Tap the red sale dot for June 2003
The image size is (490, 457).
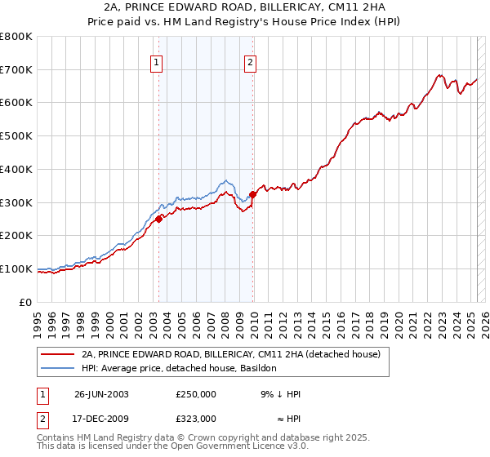pyautogui.click(x=158, y=218)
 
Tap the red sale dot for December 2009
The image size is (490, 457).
pyautogui.click(x=253, y=194)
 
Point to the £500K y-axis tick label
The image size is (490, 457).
pyautogui.click(x=16, y=136)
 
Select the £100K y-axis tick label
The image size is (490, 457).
pyautogui.click(x=16, y=268)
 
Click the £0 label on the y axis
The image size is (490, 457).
pyautogui.click(x=25, y=302)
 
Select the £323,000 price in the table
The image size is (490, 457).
pyautogui.click(x=196, y=418)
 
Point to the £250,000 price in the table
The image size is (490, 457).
pyautogui.click(x=196, y=394)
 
